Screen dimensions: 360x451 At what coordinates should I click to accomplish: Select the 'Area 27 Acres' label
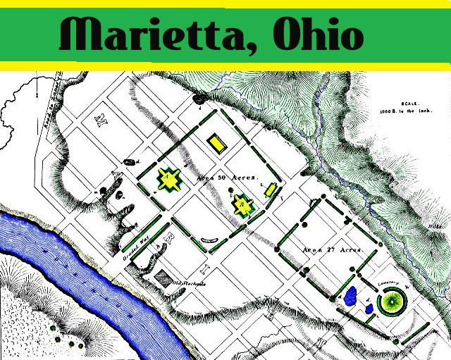(331, 249)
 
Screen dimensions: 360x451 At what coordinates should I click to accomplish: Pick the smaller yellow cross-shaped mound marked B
(243, 205)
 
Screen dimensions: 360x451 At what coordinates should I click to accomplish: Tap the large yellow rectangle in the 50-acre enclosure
(217, 142)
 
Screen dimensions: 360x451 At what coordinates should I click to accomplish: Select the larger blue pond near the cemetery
(350, 296)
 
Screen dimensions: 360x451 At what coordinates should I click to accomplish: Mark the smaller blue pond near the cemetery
(368, 308)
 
